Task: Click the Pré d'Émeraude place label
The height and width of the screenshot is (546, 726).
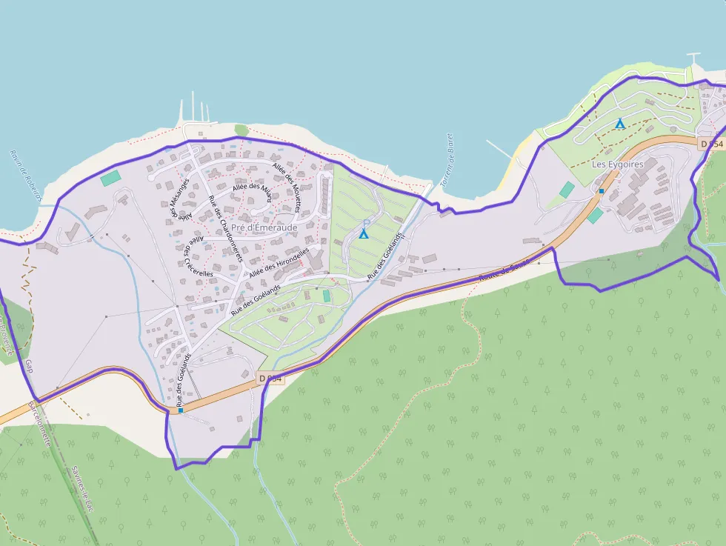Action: click(264, 227)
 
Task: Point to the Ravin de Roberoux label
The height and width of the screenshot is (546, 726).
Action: click(24, 176)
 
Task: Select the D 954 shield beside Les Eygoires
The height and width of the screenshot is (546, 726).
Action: click(710, 144)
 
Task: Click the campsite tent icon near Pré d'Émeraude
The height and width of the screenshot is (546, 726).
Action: click(363, 233)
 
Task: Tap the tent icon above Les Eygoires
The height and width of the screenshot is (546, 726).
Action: click(619, 124)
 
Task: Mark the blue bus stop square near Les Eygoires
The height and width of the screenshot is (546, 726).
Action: click(602, 191)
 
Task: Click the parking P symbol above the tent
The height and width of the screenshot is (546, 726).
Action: click(366, 222)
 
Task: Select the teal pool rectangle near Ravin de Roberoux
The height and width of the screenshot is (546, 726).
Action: click(110, 178)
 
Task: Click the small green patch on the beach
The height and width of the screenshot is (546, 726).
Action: click(242, 130)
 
